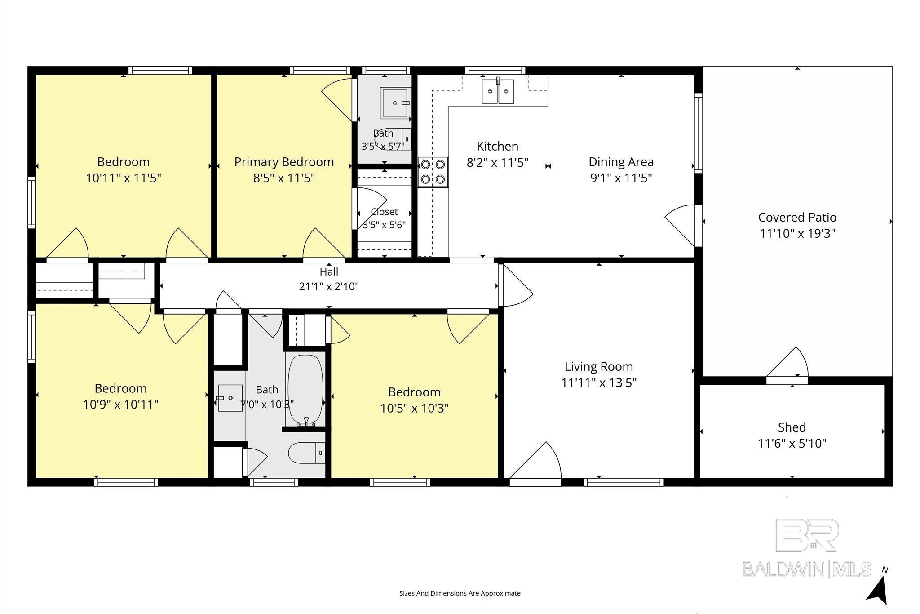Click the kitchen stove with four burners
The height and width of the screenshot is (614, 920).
(x=433, y=171)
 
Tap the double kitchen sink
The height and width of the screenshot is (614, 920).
(x=498, y=91)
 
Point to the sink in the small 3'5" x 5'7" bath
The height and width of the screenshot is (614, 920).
(x=395, y=103)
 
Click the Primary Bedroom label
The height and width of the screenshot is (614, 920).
(x=284, y=162)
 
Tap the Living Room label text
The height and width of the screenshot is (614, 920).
(x=599, y=366)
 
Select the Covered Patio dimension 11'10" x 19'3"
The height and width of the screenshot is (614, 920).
(x=797, y=233)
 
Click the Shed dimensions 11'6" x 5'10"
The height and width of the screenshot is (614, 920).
(x=792, y=443)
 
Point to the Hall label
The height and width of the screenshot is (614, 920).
(x=329, y=271)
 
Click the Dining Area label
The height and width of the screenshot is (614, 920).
(x=621, y=162)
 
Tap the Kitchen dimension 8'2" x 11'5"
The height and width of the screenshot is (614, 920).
(x=498, y=162)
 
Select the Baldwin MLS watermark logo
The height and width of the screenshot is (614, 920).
(x=807, y=547)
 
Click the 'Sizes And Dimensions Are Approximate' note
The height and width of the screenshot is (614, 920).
(x=460, y=593)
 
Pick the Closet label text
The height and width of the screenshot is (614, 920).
(x=385, y=212)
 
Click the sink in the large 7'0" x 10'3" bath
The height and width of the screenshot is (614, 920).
(x=230, y=398)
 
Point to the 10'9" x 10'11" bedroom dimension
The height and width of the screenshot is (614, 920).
(x=121, y=405)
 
